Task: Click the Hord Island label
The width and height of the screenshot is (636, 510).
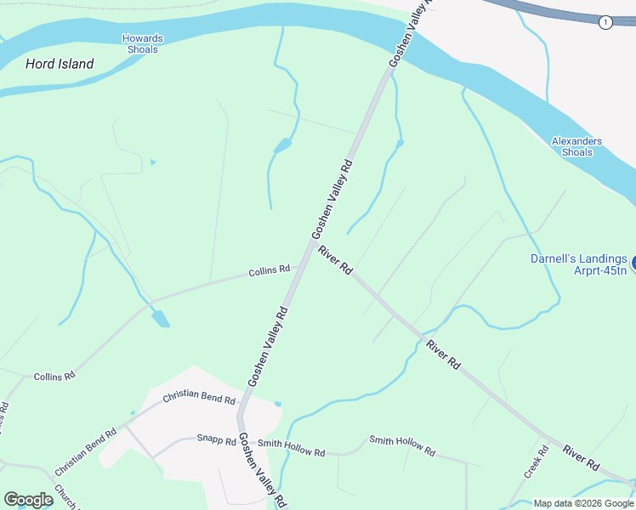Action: [60, 64]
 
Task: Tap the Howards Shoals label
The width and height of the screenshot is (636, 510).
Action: [142, 44]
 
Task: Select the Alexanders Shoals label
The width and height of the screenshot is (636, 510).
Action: [576, 147]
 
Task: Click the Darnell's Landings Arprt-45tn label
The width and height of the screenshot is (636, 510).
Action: [578, 264]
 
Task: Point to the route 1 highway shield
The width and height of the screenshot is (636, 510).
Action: [605, 22]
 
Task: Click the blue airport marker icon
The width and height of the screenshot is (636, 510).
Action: [632, 259]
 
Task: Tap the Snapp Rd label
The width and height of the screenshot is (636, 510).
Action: [216, 439]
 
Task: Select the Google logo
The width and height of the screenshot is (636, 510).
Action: [28, 499]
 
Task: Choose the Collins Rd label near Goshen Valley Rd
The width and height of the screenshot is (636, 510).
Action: [269, 271]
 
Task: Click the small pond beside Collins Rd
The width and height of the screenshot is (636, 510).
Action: [160, 319]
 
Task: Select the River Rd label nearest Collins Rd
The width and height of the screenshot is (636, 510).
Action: [335, 259]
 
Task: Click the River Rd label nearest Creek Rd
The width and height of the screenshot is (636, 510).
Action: [581, 457]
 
